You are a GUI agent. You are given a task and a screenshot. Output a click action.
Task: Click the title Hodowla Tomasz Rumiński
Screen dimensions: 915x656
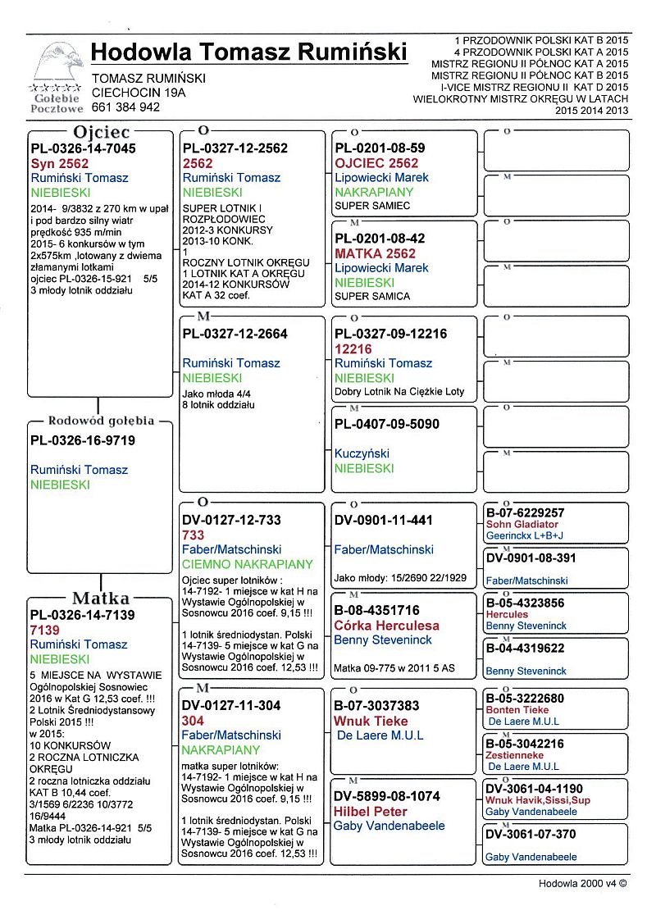click(x=248, y=52)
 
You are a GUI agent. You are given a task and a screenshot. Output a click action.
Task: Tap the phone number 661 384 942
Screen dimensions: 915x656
click(x=125, y=107)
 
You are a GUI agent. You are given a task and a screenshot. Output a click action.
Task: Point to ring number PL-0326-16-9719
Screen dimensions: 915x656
click(x=83, y=440)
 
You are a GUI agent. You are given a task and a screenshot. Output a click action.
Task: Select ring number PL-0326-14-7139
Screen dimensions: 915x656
click(x=83, y=615)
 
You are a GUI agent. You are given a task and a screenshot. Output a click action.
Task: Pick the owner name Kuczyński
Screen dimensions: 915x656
click(x=362, y=453)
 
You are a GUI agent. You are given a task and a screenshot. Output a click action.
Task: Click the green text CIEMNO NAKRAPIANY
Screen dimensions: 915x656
click(x=248, y=564)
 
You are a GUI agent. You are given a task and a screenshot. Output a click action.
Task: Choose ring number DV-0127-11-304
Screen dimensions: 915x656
click(x=231, y=705)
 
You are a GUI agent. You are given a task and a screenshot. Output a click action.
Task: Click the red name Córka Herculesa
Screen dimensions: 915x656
click(x=386, y=626)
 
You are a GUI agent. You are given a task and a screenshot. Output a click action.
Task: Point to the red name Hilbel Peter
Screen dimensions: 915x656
click(x=373, y=811)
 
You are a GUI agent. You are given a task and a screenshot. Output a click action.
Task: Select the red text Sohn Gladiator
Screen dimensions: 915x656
click(x=522, y=524)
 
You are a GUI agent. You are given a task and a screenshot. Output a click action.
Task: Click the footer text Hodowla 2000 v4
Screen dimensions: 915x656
click(x=583, y=884)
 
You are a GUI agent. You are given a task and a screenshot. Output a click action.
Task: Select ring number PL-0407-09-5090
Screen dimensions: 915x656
click(x=387, y=424)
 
